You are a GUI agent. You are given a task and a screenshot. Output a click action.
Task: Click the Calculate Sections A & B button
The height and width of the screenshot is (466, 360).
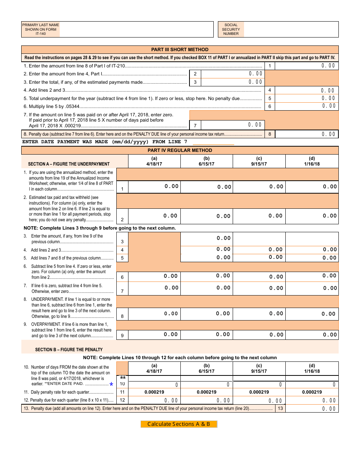point(179,424)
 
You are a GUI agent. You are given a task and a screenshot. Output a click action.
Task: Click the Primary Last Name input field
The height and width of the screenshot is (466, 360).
point(136,29)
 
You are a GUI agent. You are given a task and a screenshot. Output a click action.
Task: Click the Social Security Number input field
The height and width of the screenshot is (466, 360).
point(291,29)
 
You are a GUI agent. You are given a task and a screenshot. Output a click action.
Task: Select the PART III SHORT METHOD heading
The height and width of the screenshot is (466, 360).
point(180,50)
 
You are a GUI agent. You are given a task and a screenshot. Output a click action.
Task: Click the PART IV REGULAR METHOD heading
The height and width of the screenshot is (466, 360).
point(180,150)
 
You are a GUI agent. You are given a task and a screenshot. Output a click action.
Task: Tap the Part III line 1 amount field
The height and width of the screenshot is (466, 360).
point(306,66)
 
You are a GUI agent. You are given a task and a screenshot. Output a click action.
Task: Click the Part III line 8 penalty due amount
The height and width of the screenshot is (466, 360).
point(306,134)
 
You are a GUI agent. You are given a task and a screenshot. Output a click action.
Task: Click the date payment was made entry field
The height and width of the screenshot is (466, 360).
point(213,142)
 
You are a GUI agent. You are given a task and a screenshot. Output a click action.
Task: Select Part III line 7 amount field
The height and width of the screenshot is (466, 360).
point(232,125)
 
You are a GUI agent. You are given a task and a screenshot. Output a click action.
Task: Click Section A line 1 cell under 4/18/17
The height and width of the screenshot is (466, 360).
point(154,186)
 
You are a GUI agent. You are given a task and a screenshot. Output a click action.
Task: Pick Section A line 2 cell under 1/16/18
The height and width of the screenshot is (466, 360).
point(312,216)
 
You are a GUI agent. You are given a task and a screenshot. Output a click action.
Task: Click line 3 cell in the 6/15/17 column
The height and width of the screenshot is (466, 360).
point(207,238)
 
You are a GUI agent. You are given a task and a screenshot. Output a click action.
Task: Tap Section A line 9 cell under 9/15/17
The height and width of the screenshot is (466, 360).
point(259,335)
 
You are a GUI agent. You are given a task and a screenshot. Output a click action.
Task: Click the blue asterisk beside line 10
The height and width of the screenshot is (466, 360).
point(111,385)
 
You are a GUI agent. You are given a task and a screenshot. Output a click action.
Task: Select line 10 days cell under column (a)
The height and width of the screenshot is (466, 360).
point(154,385)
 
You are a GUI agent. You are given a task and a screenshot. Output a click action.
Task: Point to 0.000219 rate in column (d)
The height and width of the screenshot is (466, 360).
point(312,392)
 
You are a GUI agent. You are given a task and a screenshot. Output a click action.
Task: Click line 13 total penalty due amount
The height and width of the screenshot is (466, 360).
point(311,408)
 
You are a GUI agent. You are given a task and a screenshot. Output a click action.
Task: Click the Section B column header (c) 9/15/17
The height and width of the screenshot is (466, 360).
point(259,368)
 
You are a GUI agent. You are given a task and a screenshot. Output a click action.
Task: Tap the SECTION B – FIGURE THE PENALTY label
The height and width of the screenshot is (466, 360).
point(69,349)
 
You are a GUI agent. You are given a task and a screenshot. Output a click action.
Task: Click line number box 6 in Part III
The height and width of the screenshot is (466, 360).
point(269,106)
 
